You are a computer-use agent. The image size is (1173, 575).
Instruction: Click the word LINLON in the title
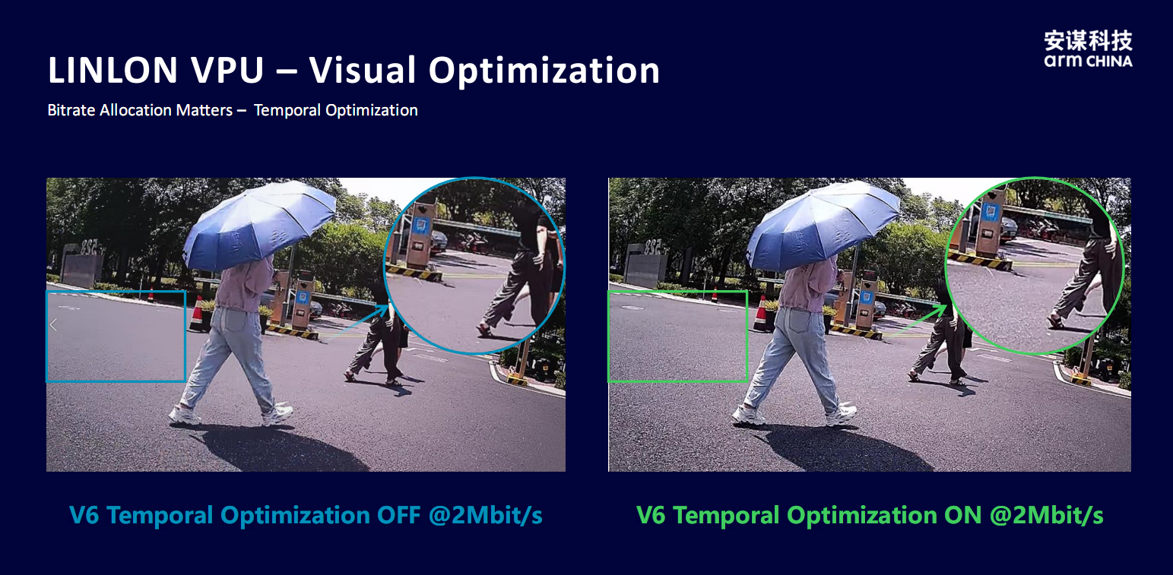[113, 70]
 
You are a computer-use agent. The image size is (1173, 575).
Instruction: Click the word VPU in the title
[227, 70]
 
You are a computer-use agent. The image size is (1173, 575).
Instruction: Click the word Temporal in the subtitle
[287, 110]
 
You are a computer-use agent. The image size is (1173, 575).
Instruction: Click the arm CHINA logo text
[1088, 62]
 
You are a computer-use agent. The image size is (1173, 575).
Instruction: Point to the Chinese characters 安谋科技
[1088, 39]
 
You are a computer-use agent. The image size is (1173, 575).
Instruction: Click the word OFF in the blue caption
[398, 515]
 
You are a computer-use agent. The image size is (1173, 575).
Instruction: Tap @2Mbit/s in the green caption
[1046, 516]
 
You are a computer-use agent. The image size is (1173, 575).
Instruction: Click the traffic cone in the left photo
[197, 314]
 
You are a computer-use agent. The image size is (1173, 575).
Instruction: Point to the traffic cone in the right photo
[760, 313]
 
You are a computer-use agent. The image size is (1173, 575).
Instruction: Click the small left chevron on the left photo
[53, 325]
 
